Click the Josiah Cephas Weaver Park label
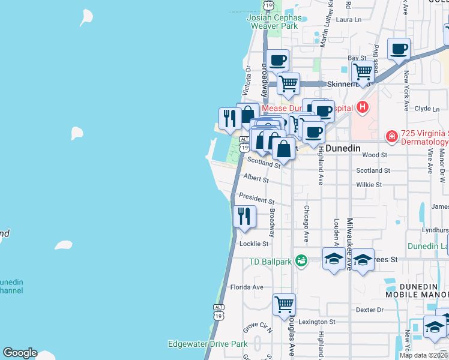coord(273,22)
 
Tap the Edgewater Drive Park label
coord(208,344)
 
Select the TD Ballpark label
coord(271,260)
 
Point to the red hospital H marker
coord(362,107)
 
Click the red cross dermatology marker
coord(391,137)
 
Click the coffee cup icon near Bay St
coord(399,49)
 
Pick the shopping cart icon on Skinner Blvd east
coord(363,71)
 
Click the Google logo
coord(20,353)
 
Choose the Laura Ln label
coord(349,20)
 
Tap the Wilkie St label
coord(369,185)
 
